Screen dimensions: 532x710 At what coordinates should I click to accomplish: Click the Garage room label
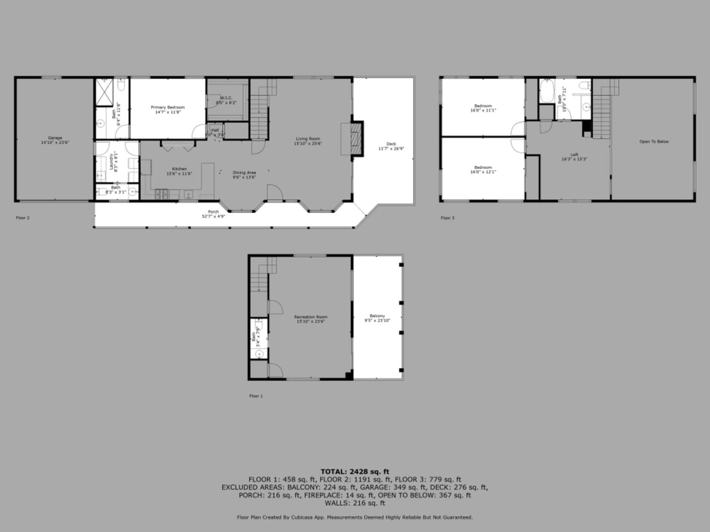pos(55,138)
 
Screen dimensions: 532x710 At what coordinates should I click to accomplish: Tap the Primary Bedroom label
pos(168,107)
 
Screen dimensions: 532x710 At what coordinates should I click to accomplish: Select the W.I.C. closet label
pos(226,98)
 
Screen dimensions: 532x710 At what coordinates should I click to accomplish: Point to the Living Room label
pos(308,139)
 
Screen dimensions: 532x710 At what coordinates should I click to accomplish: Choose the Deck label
pos(391,144)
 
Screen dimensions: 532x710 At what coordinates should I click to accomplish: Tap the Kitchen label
pos(179,169)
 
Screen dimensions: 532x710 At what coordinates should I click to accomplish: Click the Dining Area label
pos(244,173)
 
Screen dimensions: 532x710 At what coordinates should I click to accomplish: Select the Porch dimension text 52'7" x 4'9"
pos(213,217)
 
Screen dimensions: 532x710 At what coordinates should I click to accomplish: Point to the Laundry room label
pos(112,161)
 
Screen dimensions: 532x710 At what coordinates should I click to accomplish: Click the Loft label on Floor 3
pos(574,155)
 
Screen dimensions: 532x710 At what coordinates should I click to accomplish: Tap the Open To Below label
pos(654,141)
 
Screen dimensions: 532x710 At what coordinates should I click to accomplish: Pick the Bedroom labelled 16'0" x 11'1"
pos(483,106)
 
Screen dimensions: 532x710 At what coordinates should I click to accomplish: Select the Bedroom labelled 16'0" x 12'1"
pos(483,167)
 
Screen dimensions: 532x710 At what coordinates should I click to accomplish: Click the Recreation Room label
pos(311,317)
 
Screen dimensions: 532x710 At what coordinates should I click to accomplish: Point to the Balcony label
pos(377,316)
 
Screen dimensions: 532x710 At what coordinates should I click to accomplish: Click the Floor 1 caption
pos(256,396)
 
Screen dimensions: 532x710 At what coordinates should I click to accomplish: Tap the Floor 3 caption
pos(447,218)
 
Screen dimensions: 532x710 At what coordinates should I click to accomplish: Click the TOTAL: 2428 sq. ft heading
pos(355,471)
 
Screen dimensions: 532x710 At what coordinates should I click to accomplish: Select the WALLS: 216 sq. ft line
pos(355,503)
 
